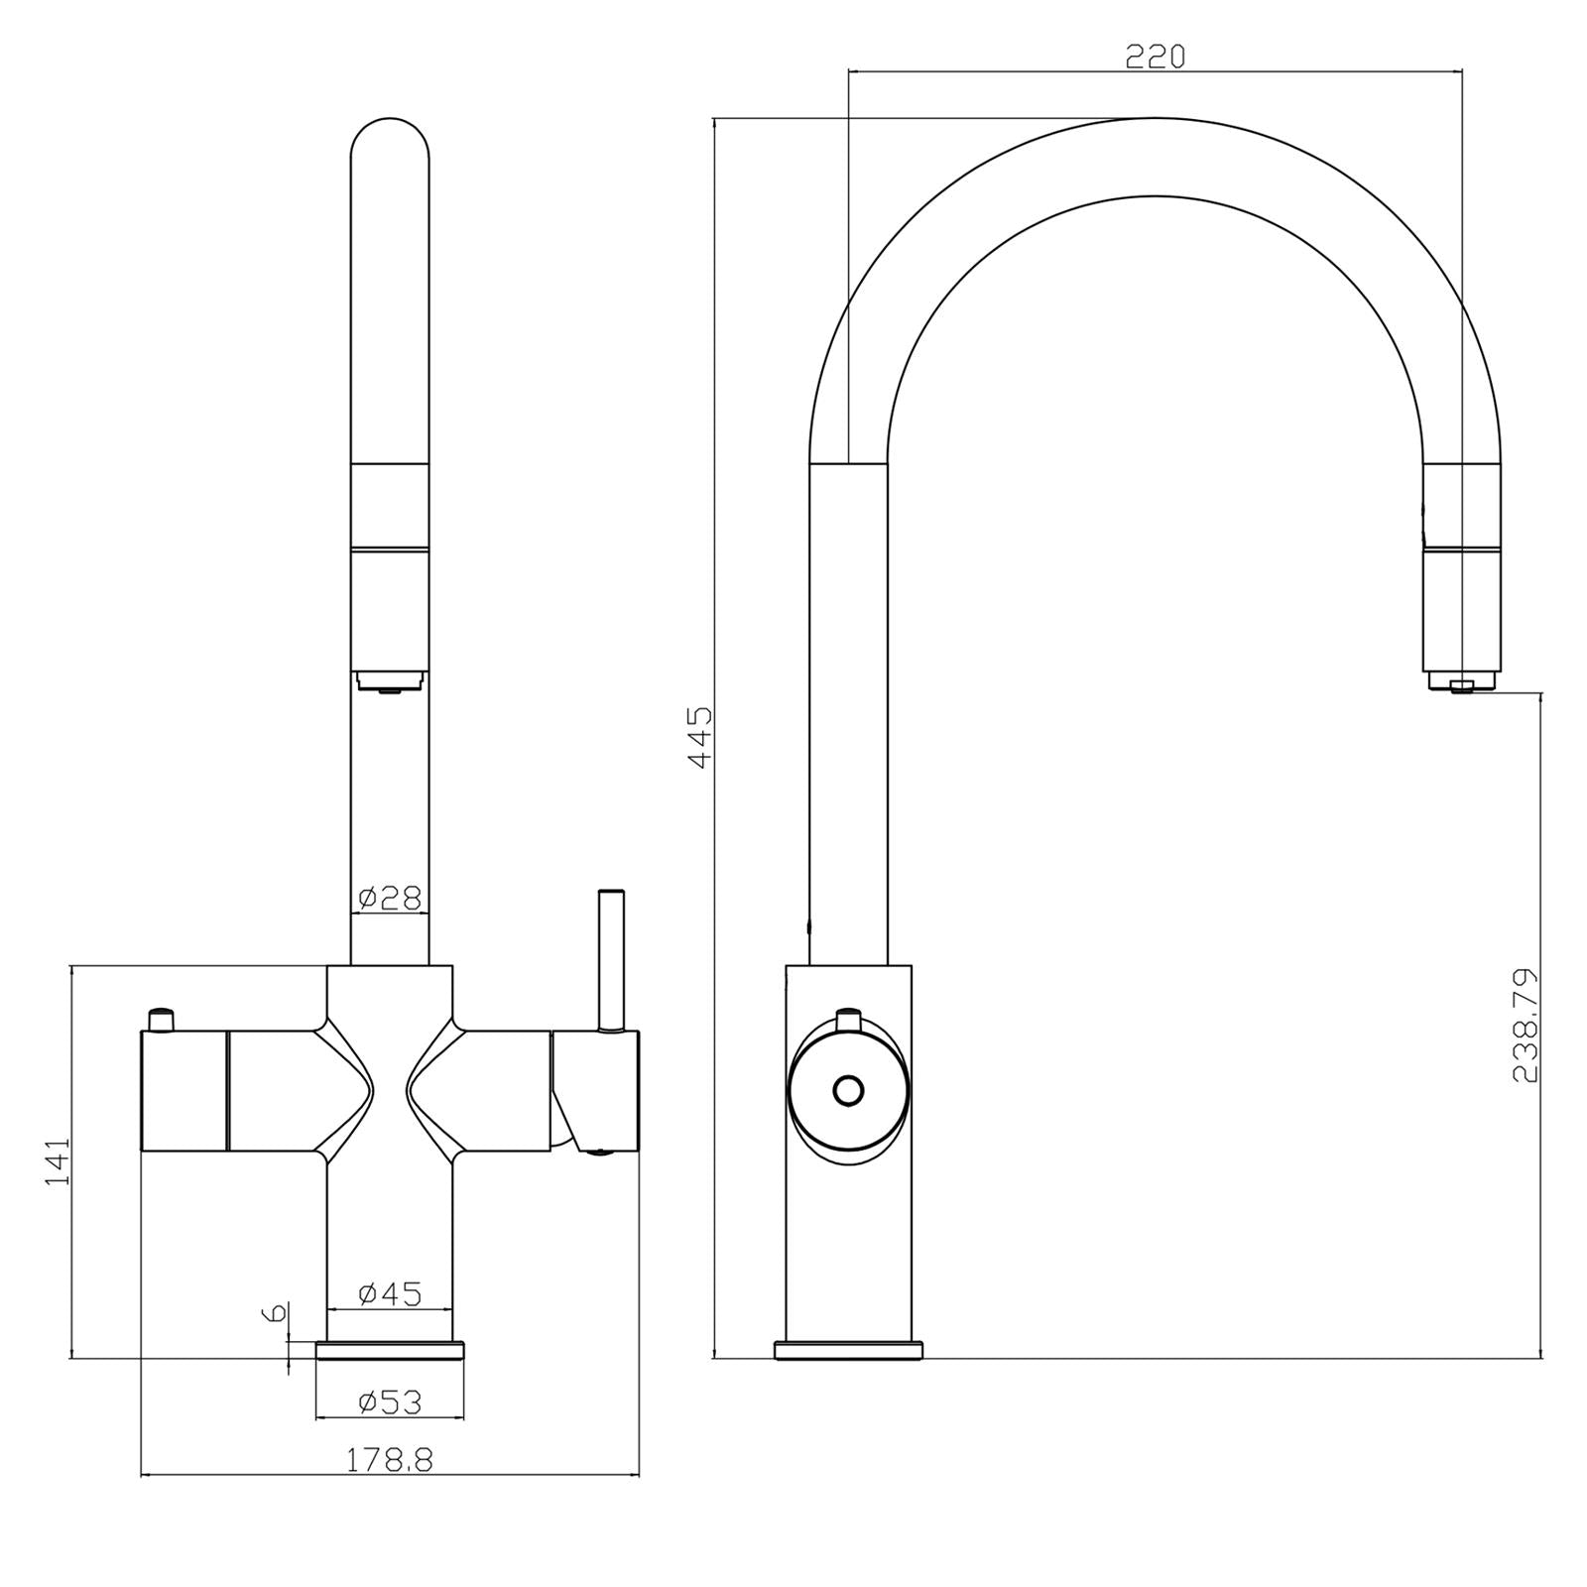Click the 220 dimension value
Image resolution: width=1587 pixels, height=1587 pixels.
click(x=1155, y=58)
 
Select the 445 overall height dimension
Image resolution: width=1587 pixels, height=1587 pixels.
click(x=700, y=736)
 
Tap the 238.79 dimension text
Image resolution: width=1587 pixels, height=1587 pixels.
click(x=1525, y=1025)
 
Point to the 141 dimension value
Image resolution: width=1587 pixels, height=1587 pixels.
click(x=58, y=1160)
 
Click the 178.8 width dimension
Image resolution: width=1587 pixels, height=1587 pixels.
click(x=390, y=1459)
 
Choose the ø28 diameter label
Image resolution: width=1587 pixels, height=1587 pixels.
click(x=390, y=898)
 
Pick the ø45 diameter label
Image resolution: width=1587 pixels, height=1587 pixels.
click(x=390, y=1293)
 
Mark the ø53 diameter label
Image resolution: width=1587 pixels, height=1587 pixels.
click(x=390, y=1402)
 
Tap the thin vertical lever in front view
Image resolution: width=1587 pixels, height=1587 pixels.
click(x=611, y=957)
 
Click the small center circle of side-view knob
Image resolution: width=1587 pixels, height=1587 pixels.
click(x=848, y=1090)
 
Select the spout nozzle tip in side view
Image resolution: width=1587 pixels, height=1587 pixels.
click(x=1461, y=683)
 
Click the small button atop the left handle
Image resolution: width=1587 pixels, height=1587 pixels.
click(x=161, y=1019)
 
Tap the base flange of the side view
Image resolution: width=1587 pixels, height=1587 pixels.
click(x=848, y=1349)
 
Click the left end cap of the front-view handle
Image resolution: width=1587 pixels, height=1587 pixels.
click(x=184, y=1091)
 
